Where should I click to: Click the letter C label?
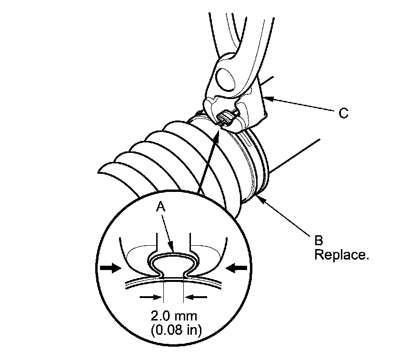click(x=343, y=113)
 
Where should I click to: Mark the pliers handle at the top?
click(x=229, y=29)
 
